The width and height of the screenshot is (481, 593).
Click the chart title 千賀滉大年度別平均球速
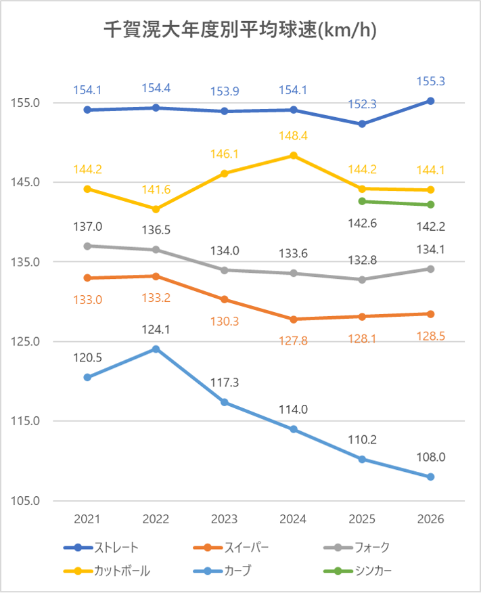pyautogui.click(x=240, y=30)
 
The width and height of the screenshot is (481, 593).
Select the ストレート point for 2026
pyautogui.click(x=430, y=101)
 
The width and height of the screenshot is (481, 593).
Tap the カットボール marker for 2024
pyautogui.click(x=294, y=155)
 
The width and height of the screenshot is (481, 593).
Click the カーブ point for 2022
pyautogui.click(x=156, y=349)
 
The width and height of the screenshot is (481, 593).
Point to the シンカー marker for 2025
pyautogui.click(x=362, y=201)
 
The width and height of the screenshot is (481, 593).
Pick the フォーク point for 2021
pyautogui.click(x=87, y=246)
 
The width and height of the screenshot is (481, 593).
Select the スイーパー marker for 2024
pyautogui.click(x=294, y=319)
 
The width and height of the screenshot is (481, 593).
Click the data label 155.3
pyautogui.click(x=430, y=81)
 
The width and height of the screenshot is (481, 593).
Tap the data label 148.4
pyautogui.click(x=294, y=136)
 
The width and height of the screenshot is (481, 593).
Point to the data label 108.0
pyautogui.click(x=430, y=458)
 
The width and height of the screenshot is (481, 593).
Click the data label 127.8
pyautogui.click(x=294, y=341)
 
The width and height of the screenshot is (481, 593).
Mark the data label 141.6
pyautogui.click(x=156, y=189)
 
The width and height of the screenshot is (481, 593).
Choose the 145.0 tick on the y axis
pyautogui.click(x=25, y=182)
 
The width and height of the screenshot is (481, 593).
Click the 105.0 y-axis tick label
pyautogui.click(x=25, y=501)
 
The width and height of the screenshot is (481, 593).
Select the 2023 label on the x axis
pyautogui.click(x=225, y=519)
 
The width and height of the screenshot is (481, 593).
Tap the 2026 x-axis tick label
pyautogui.click(x=430, y=519)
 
